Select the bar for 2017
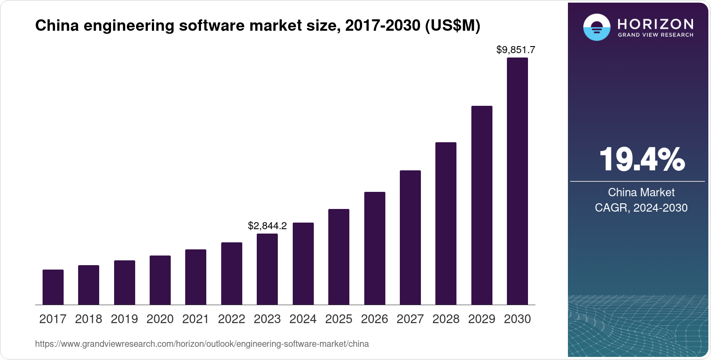click(x=53, y=287)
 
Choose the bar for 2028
click(x=446, y=223)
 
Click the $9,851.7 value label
click(x=516, y=50)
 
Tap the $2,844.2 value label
click(x=267, y=226)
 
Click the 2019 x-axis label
click(x=124, y=319)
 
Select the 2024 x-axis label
click(x=303, y=319)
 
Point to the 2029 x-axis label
click(x=481, y=319)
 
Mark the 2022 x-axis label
click(x=231, y=319)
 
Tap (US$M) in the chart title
click(x=452, y=26)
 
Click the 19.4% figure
click(x=641, y=159)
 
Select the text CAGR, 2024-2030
click(x=641, y=208)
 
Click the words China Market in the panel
click(x=641, y=192)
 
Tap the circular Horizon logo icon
click(x=596, y=27)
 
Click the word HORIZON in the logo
click(x=655, y=24)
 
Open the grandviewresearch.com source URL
click(x=202, y=344)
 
